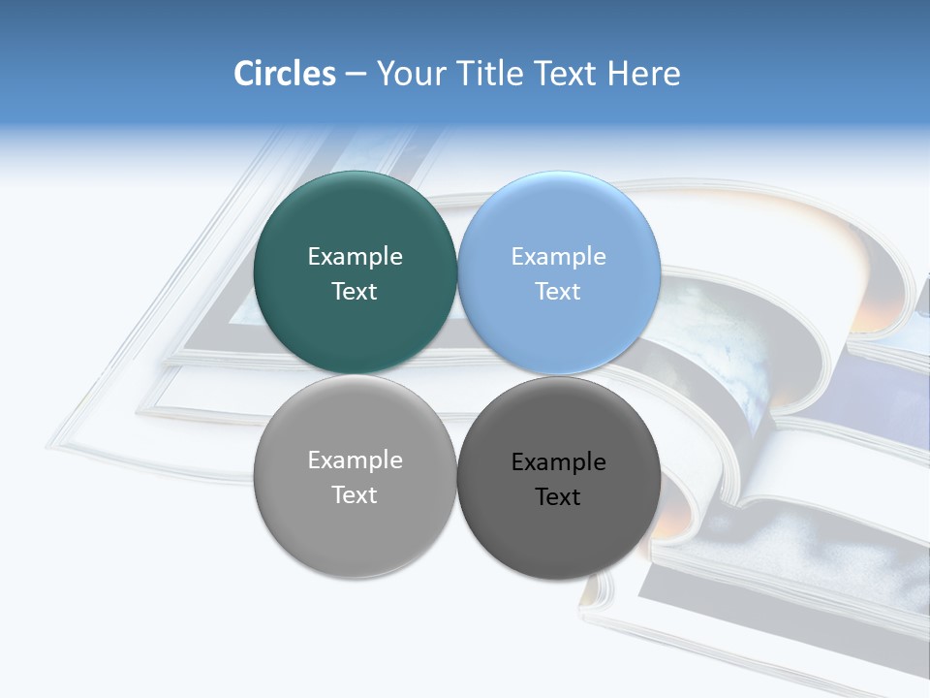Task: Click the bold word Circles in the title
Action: [x=284, y=74]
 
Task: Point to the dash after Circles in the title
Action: [x=356, y=75]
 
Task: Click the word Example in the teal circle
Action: [x=355, y=256]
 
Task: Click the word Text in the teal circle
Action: [x=355, y=291]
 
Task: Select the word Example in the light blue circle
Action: [x=558, y=256]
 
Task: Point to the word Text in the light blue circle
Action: [x=558, y=291]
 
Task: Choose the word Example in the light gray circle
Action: [x=355, y=460]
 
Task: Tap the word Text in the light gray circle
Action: [x=355, y=494]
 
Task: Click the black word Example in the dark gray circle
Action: [x=558, y=461]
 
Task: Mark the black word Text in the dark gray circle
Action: [x=558, y=496]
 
